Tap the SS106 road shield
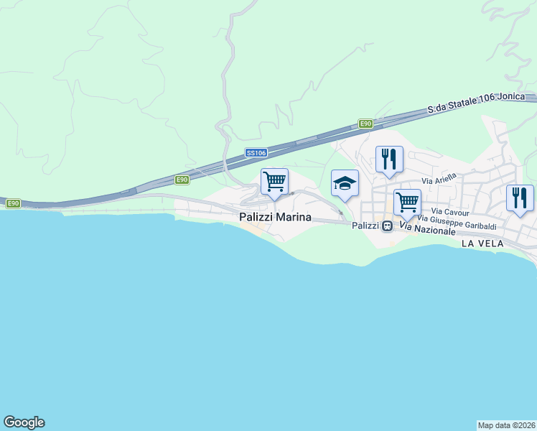[256, 153]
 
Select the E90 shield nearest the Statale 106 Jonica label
[366, 124]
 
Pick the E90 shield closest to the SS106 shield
[182, 180]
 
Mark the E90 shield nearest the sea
[13, 204]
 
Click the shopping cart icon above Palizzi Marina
[274, 182]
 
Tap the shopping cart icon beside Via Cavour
[407, 203]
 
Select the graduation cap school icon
[345, 183]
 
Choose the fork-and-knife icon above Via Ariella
[389, 159]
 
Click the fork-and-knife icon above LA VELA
[520, 198]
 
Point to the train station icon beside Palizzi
[388, 226]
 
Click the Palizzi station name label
[366, 226]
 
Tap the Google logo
[24, 422]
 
